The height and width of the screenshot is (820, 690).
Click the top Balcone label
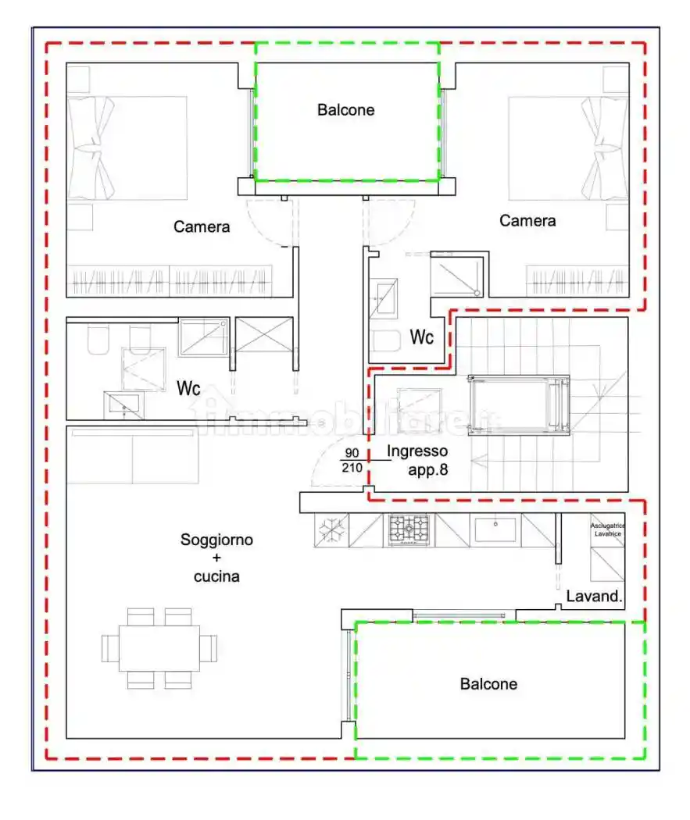345,110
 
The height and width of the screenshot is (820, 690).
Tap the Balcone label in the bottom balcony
488,684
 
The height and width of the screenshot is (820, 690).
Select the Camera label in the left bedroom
202,226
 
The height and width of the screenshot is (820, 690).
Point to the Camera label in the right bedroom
527,221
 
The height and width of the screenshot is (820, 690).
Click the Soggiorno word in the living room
216,540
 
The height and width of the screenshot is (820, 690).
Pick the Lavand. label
594,597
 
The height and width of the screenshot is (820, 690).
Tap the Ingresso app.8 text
418,460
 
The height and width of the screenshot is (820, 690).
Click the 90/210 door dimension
352,461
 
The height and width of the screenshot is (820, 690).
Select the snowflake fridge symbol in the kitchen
331,530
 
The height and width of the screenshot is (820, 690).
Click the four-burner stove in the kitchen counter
409,530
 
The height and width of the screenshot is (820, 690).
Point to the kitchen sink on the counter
495,529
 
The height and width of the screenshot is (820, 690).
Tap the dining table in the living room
159,648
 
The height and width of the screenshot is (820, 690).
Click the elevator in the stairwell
518,403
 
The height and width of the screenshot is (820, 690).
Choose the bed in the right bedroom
568,148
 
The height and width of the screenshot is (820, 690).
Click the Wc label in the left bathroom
189,388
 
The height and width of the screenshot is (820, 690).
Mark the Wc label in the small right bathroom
423,338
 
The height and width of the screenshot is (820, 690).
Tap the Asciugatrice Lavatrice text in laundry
607,530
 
